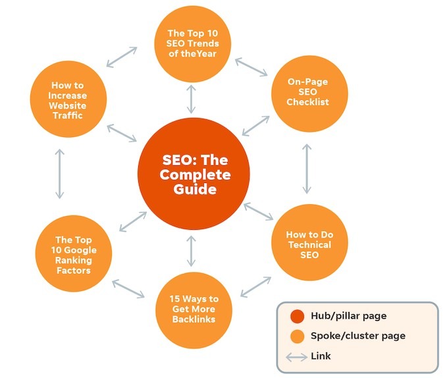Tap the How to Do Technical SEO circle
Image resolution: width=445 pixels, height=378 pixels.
click(308, 244)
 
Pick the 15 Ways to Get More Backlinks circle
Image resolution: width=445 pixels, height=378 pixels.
click(191, 309)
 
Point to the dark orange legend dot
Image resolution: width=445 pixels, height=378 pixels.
click(298, 317)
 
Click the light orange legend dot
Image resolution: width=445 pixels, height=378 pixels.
click(298, 337)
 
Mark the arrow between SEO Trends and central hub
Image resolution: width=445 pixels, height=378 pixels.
click(192, 99)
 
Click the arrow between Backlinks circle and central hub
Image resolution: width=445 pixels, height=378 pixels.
click(191, 250)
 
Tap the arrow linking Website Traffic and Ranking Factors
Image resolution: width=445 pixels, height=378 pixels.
click(60, 174)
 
